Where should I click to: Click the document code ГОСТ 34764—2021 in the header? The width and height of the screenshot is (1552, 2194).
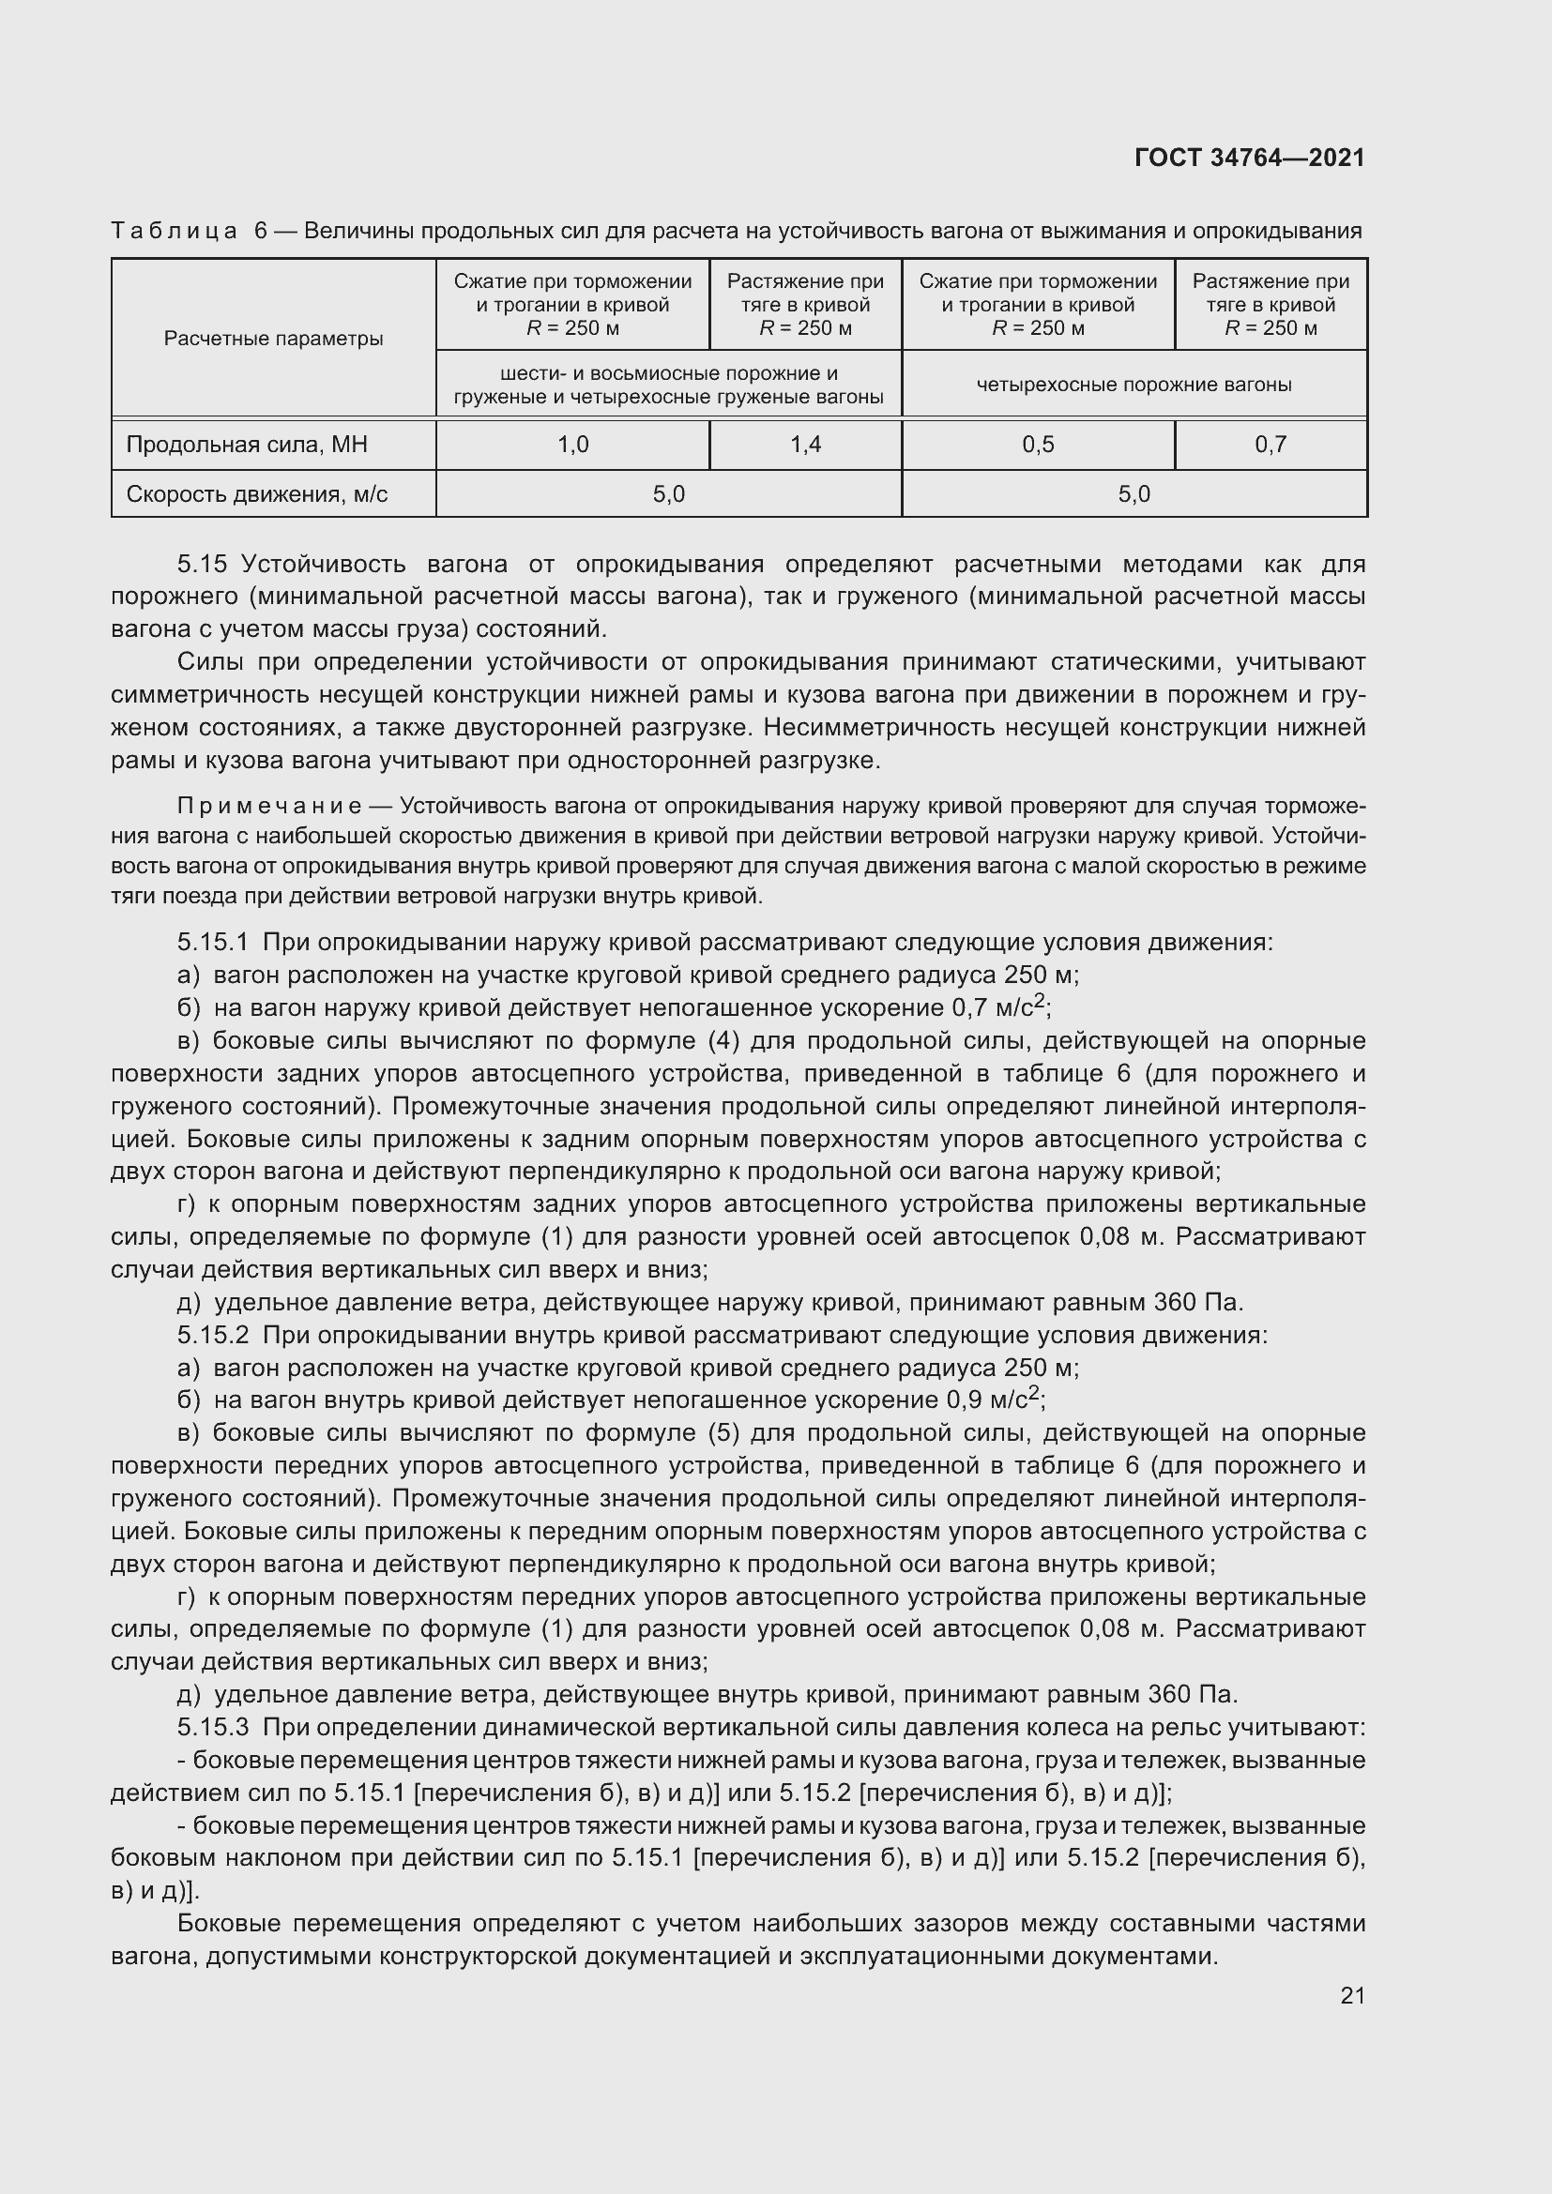[x=1249, y=158]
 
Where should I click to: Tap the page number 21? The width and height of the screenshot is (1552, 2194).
[x=1352, y=1995]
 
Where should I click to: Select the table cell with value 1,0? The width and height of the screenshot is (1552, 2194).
[x=572, y=445]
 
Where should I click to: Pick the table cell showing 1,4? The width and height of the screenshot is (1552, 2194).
[x=805, y=445]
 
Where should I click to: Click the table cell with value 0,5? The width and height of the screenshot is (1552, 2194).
[x=1038, y=445]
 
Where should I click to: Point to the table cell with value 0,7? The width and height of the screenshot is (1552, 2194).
[x=1271, y=445]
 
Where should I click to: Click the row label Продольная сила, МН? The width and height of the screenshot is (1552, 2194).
[x=247, y=445]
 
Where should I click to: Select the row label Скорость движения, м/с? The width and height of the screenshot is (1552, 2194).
[x=257, y=494]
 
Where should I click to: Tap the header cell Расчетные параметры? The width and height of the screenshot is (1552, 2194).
[x=273, y=339]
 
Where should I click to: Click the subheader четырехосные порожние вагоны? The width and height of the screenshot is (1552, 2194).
[x=1134, y=385]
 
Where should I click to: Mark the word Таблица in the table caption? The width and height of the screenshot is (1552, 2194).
[x=174, y=231]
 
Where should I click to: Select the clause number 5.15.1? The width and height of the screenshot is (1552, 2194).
[x=212, y=943]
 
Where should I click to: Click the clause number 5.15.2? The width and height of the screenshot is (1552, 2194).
[x=212, y=1335]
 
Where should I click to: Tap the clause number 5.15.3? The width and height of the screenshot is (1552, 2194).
[x=212, y=1728]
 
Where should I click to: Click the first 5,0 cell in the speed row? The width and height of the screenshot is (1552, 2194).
[x=668, y=494]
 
